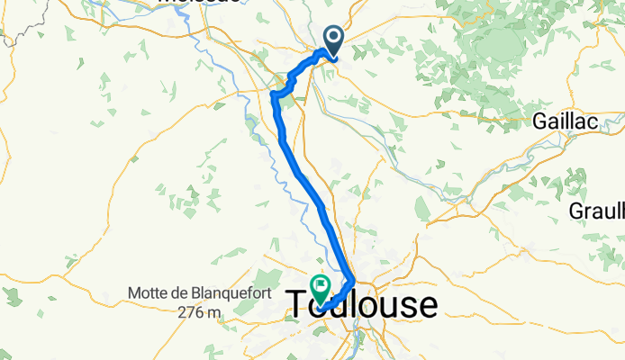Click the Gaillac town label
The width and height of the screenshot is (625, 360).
coord(565,120)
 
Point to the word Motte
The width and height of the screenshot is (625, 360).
coord(149,293)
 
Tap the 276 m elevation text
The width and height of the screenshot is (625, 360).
coord(199,311)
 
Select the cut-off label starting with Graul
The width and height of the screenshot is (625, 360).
coord(597,211)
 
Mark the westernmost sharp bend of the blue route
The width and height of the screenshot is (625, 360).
coord(272,92)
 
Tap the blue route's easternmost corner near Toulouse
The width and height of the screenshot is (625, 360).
coord(352,282)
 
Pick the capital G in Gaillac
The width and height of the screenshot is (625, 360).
coord(540,120)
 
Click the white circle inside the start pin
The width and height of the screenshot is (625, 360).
coord(333,36)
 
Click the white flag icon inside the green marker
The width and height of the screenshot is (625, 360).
coord(321,285)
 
